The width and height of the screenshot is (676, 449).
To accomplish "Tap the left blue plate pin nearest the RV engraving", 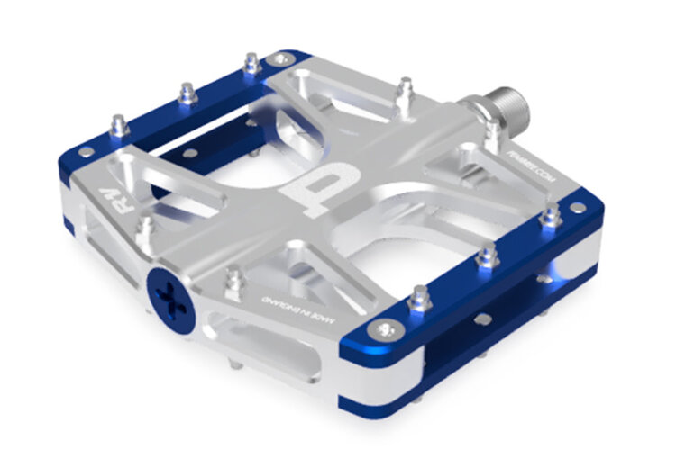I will click(x=119, y=126).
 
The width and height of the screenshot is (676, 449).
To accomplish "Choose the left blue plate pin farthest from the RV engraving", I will click(x=250, y=64).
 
